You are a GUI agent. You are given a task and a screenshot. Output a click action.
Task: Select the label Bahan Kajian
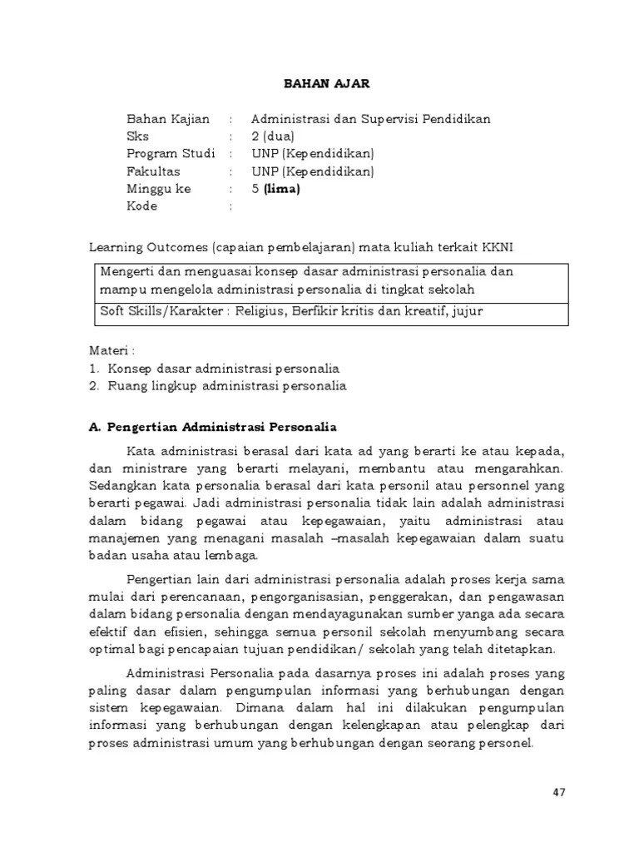(167, 119)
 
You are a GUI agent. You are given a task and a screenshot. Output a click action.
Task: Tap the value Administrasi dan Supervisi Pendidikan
(371, 119)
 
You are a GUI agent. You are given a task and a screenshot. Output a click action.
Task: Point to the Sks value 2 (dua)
(273, 136)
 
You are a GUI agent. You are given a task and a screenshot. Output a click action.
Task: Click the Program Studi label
(170, 154)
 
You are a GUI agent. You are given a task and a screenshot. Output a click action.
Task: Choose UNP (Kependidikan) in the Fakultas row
(313, 171)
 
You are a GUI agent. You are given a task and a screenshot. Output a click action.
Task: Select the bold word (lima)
(281, 189)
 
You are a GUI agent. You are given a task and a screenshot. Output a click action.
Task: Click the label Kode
(141, 206)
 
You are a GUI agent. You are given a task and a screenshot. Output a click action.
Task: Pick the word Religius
(262, 311)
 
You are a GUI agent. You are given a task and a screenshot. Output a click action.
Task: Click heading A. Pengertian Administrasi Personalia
(212, 427)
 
